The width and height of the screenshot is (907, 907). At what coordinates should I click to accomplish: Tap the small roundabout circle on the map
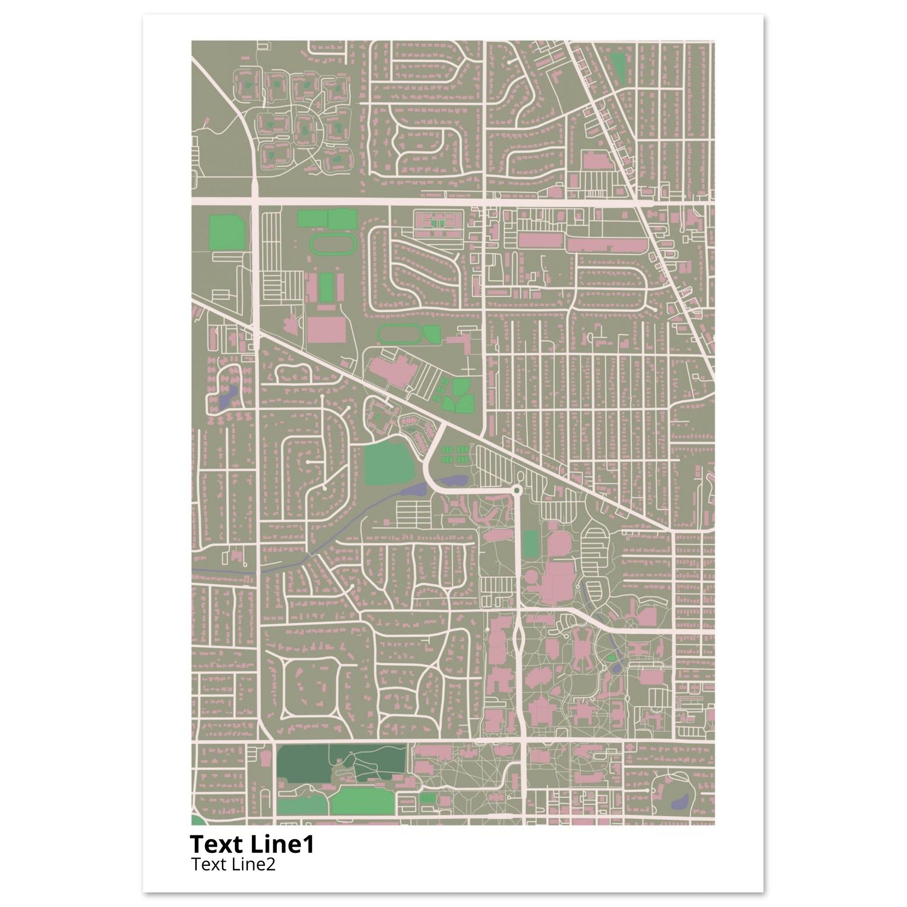point(517,490)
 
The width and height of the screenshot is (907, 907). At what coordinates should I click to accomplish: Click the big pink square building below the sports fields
point(327,329)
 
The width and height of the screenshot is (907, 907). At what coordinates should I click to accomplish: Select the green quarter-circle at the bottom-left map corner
point(197,833)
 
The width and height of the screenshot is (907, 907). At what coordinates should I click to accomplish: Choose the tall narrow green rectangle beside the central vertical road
point(531,544)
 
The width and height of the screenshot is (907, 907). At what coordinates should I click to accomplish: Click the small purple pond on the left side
point(227,397)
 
